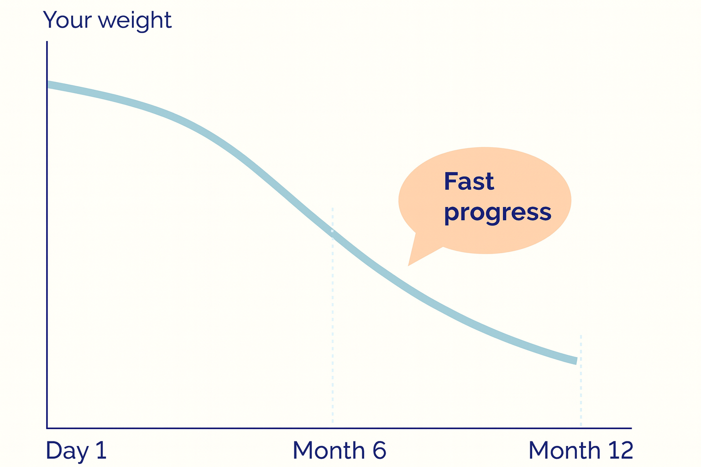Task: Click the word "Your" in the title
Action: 67,20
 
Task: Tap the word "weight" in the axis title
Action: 135,21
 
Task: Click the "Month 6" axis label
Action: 339,450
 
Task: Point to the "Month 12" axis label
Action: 581,450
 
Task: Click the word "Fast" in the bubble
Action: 469,181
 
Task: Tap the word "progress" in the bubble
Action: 497,213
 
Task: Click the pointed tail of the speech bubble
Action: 408,265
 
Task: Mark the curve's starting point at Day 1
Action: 48,85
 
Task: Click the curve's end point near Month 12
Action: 576,361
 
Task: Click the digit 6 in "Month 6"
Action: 379,450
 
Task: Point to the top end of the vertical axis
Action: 47,42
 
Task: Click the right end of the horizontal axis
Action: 631,428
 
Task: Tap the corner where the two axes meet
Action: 47,428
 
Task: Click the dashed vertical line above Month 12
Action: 581,380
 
